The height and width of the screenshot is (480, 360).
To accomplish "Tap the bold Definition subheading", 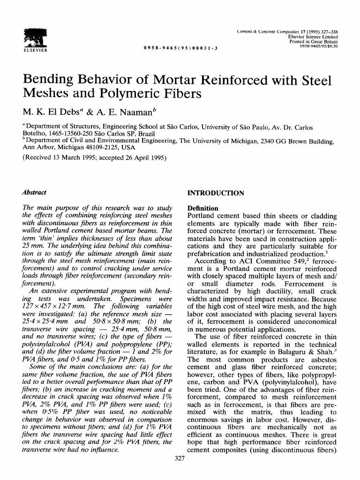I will pos(202,208).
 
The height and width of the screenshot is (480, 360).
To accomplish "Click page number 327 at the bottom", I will pos(180,459).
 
